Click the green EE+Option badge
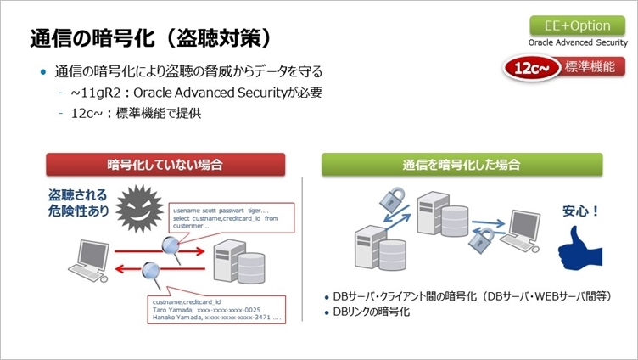coord(571,25)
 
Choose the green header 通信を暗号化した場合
coord(462,165)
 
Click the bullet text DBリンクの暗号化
coord(372,312)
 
